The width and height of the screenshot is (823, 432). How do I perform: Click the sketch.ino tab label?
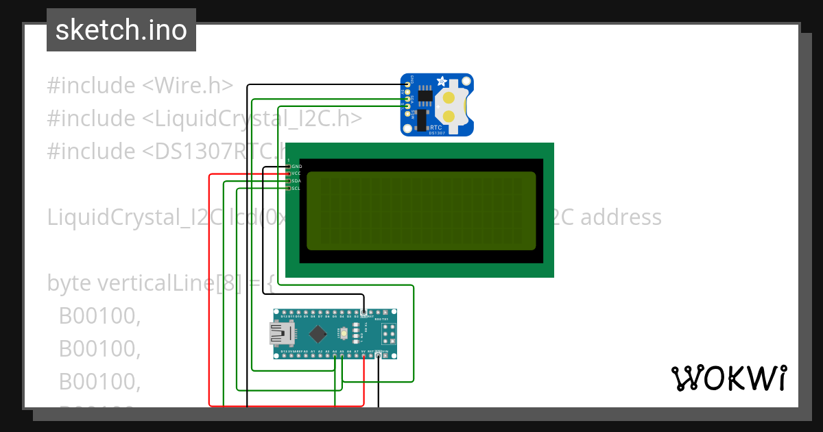(121, 30)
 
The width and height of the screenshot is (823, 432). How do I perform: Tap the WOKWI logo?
(728, 378)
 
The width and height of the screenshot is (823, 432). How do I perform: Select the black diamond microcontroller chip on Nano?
(318, 334)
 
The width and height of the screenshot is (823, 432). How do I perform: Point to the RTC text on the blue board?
(436, 128)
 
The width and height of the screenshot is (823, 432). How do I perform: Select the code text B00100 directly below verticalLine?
(99, 315)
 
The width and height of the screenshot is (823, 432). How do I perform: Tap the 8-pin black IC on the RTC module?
(425, 95)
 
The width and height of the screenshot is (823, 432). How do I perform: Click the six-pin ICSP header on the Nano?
(389, 334)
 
